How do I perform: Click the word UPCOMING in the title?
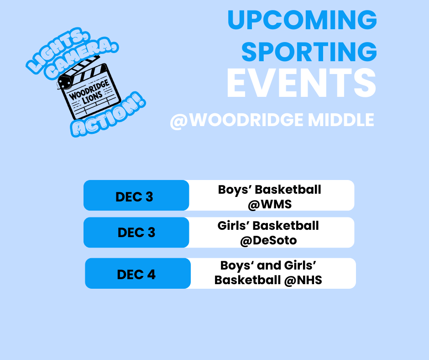(302, 20)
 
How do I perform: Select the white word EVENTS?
(301, 83)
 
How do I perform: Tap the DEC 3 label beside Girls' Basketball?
(136, 233)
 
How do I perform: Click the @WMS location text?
(269, 204)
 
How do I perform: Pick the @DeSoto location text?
(268, 240)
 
